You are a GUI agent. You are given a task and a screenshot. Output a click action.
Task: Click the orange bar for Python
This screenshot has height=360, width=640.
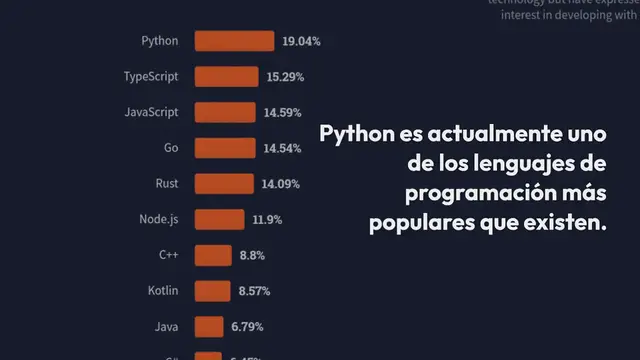pyautogui.click(x=234, y=41)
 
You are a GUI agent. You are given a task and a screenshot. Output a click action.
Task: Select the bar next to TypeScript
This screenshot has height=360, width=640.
pyautogui.click(x=227, y=77)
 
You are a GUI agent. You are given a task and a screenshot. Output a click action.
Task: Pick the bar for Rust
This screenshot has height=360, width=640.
pyautogui.click(x=225, y=184)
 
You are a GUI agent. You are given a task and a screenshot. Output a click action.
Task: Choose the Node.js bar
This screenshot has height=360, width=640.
pyautogui.click(x=220, y=219)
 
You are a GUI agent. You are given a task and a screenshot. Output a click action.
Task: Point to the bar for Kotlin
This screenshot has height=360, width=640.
pyautogui.click(x=212, y=291)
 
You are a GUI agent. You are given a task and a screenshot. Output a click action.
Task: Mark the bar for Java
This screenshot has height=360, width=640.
pyautogui.click(x=208, y=327)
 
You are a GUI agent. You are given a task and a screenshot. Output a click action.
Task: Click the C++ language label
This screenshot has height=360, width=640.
pyautogui.click(x=168, y=255)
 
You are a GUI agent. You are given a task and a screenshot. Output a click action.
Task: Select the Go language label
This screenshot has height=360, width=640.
pyautogui.click(x=170, y=148)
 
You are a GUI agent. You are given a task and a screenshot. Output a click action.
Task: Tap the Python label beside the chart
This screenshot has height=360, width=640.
pyautogui.click(x=160, y=41)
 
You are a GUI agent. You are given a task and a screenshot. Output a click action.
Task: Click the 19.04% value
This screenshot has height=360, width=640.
pyautogui.click(x=301, y=41)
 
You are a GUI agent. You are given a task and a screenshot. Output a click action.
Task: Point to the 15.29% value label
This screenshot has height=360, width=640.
pyautogui.click(x=285, y=77)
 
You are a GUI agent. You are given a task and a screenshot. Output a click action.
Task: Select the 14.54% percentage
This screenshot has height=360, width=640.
pyautogui.click(x=282, y=148)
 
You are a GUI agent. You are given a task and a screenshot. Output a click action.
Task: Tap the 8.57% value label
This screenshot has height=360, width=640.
pyautogui.click(x=254, y=291)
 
